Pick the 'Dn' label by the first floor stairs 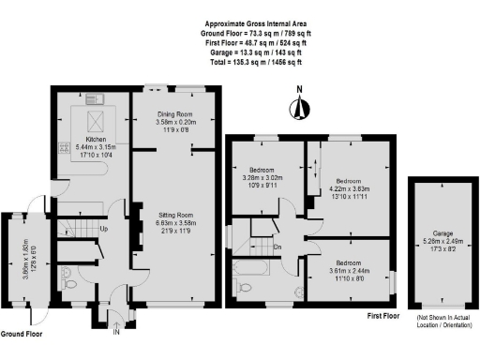[277, 247]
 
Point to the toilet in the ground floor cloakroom [67, 276]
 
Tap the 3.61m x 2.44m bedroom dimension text [349, 267]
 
